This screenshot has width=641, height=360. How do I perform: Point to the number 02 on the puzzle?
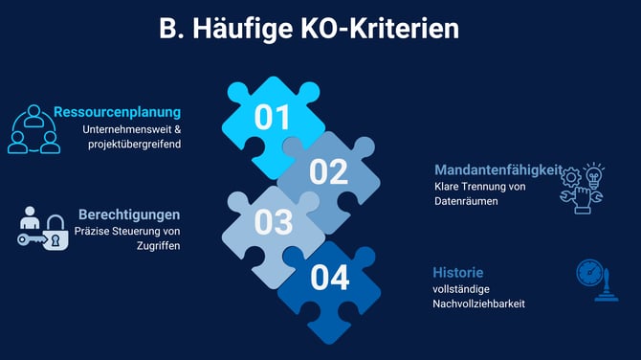tap(328, 171)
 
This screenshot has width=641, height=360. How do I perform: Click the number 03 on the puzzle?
tap(273, 222)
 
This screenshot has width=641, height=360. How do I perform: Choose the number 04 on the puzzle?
tap(329, 279)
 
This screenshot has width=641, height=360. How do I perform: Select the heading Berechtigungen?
tap(129, 214)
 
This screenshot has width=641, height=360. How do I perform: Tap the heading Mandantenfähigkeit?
tap(497, 169)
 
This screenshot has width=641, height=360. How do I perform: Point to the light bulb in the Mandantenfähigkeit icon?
tap(595, 174)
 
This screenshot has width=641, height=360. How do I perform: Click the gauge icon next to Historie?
tap(593, 275)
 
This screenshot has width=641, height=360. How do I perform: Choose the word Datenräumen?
tap(465, 202)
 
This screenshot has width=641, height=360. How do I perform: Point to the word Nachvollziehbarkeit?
tap(478, 304)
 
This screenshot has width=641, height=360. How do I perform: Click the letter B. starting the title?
tap(170, 29)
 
